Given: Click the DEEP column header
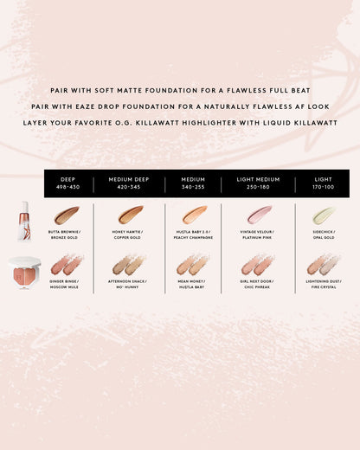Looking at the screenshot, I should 68,179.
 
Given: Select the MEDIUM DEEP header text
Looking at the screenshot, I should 129,179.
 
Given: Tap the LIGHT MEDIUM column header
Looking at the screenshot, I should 258,179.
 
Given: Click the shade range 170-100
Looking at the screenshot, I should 324,187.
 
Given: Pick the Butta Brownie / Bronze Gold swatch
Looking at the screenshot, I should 66,215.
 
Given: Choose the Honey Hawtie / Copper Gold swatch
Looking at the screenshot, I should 130,215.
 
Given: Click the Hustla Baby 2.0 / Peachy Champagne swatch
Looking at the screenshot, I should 194,215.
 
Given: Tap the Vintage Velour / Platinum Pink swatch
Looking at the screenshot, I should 258,215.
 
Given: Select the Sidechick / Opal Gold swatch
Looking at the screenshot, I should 323,215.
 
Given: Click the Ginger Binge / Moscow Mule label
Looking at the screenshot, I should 63,283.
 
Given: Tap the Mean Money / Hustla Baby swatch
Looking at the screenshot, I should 193,264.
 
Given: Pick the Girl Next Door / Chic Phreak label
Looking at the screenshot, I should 258,283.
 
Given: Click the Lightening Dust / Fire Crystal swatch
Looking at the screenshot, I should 323,264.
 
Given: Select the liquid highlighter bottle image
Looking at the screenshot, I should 24,215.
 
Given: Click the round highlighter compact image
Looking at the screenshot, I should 23,270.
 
